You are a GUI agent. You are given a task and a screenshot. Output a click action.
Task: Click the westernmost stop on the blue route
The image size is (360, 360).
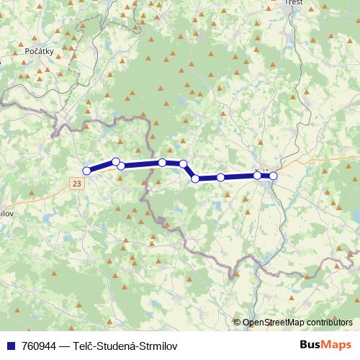87,171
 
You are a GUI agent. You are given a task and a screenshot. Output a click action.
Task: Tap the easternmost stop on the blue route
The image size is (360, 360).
273,176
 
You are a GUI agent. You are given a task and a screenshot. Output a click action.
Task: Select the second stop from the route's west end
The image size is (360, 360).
115,161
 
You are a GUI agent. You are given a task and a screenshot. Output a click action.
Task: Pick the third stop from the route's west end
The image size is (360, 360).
121,166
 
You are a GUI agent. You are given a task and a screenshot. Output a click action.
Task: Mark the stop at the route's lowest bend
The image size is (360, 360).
195,178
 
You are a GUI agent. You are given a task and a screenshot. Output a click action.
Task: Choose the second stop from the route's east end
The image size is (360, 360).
257,175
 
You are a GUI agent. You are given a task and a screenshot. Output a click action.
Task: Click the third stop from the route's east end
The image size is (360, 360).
220,177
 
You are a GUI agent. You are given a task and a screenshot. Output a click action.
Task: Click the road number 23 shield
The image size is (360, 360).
77,184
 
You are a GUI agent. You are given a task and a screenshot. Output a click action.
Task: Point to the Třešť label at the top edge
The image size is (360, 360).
294,3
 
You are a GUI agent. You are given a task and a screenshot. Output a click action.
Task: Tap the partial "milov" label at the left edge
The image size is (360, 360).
7,214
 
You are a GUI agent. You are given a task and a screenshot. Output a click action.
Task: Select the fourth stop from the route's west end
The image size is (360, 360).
163,163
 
